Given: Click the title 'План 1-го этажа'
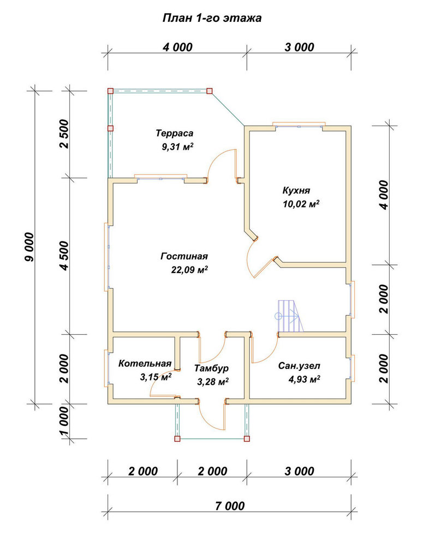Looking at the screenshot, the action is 212,18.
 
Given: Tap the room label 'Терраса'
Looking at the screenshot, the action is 175,133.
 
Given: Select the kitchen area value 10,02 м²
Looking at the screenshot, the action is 301,204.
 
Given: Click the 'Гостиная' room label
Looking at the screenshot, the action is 184,256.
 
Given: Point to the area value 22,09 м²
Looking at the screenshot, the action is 189,270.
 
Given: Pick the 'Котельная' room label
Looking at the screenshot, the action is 145,364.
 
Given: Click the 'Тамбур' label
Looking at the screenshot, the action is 211,368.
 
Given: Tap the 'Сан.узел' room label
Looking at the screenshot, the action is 299,366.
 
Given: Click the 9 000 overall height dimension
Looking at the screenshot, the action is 30,247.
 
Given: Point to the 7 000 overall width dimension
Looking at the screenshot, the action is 230,506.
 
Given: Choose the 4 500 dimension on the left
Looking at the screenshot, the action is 65,256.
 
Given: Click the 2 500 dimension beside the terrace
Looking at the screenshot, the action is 65,134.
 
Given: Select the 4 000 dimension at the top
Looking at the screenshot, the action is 177,47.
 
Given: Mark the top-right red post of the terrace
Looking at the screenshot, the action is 209,91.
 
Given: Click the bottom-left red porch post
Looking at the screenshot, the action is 177,439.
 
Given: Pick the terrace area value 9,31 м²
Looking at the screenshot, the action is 177,146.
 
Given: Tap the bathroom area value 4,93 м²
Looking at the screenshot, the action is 304,379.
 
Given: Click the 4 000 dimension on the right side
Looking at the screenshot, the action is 384,195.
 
